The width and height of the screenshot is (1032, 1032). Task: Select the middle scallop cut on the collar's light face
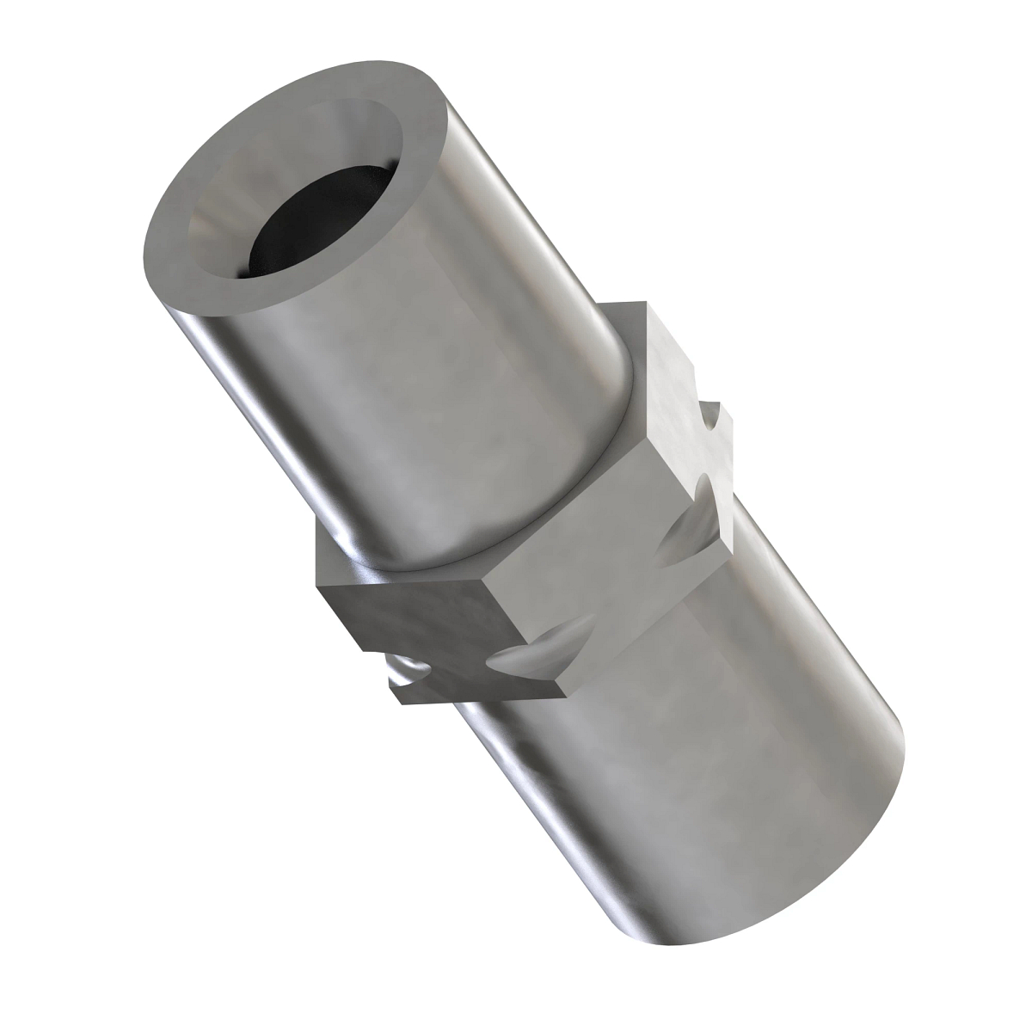pos(688,533)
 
